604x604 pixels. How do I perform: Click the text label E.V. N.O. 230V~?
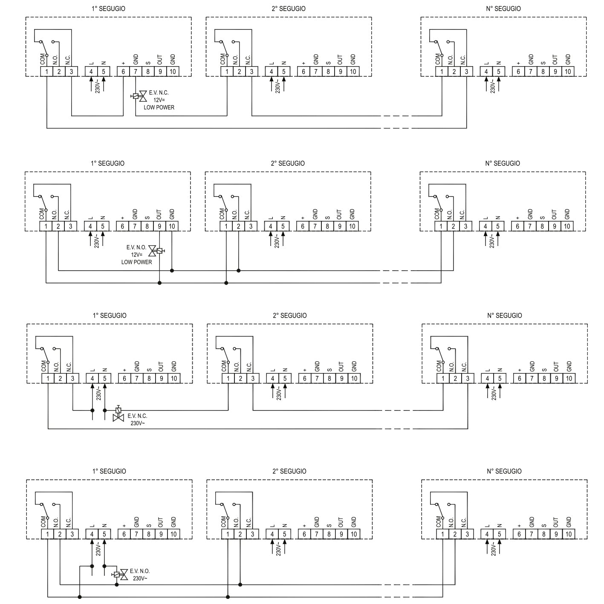(140, 575)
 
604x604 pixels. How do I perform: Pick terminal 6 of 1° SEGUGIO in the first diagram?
(123, 72)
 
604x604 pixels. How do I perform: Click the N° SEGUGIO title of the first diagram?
(503, 9)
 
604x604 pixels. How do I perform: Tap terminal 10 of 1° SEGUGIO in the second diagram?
(172, 226)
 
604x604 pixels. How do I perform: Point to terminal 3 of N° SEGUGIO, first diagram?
(467, 72)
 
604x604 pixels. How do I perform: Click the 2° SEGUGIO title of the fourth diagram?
(289, 471)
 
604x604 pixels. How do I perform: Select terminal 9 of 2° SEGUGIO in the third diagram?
(342, 378)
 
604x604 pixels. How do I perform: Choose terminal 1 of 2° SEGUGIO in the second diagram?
(226, 226)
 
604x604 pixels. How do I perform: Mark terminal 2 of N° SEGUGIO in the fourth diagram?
(455, 534)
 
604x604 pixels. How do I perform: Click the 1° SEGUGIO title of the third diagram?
(110, 315)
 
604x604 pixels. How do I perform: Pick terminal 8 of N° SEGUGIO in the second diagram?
(542, 226)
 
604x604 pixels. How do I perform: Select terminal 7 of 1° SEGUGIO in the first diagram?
(136, 72)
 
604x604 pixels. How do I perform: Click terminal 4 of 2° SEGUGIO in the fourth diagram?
(272, 534)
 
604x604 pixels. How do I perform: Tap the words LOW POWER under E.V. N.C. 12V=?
(159, 107)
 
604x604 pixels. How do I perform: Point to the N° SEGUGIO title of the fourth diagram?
(504, 471)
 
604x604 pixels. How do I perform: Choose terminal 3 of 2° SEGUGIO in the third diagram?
(253, 378)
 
